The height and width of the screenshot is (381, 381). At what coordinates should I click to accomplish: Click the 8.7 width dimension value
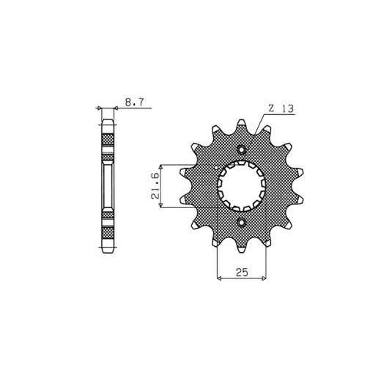(135, 102)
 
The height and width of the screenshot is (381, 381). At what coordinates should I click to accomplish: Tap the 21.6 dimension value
(155, 185)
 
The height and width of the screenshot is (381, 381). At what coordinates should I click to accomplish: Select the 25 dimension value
(242, 272)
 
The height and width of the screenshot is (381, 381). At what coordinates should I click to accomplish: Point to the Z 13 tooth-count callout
(281, 108)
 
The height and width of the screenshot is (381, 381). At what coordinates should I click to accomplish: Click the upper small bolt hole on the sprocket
(242, 149)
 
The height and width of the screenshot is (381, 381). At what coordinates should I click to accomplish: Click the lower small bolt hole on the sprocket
(242, 222)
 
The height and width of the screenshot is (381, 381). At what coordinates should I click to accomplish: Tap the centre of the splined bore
(242, 186)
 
